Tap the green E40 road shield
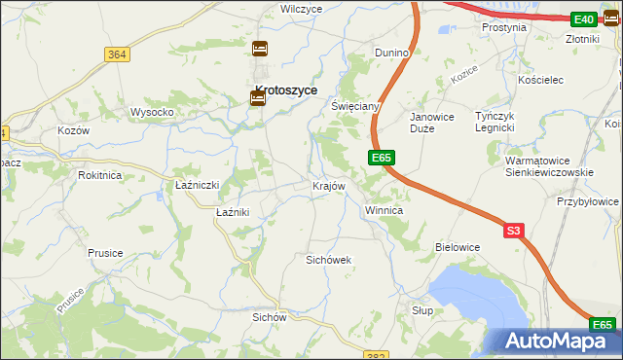(583, 18)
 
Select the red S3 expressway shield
(514, 231)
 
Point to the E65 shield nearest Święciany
(381, 157)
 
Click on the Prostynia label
(503, 27)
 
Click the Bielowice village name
(458, 247)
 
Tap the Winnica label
(384, 210)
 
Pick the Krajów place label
(328, 185)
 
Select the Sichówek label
(328, 260)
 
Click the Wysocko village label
(152, 112)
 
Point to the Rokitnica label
(100, 175)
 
